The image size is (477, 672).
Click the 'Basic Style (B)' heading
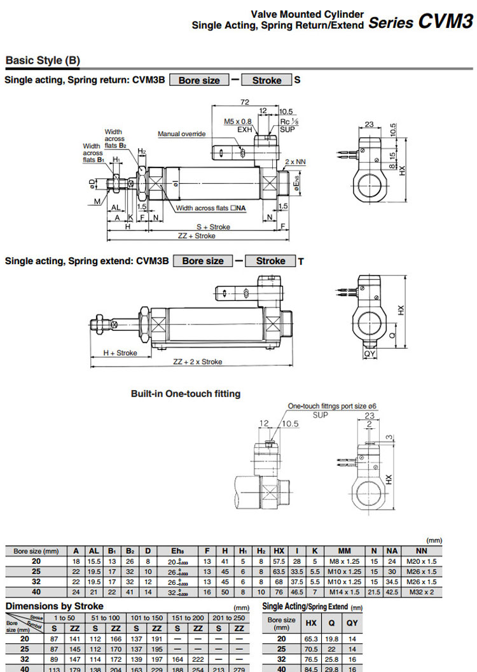tap(43, 61)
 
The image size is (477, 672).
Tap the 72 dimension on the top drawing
tap(244, 102)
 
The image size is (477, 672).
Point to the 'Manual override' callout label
tap(182, 134)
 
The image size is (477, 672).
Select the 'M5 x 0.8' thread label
tap(238, 121)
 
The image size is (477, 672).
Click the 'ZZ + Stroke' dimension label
tap(197, 235)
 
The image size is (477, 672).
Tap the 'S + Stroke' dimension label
tap(213, 227)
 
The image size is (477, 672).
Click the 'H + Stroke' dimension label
tap(120, 353)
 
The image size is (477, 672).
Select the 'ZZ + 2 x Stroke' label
tap(198, 361)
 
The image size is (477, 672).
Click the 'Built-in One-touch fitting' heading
tap(186, 394)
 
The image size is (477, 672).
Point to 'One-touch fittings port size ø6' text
tap(333, 406)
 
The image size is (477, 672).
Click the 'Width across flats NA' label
tap(211, 208)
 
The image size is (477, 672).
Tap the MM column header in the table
tap(344, 551)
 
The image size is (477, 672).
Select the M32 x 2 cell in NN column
tap(421, 592)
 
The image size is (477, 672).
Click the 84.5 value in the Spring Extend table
tap(311, 668)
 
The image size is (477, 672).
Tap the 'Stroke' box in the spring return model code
tap(266, 80)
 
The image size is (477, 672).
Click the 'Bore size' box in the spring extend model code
tap(203, 261)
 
